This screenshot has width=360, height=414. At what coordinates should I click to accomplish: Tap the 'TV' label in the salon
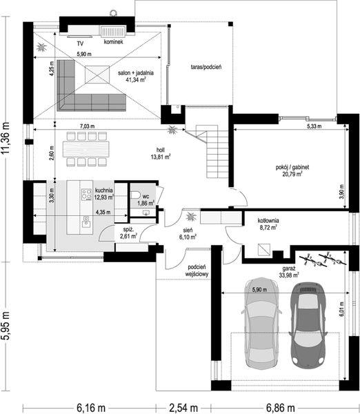(x=80, y=42)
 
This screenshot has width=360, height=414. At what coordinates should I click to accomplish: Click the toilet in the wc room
(x=137, y=194)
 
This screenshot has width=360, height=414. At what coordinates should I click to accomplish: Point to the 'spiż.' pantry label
(x=128, y=229)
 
